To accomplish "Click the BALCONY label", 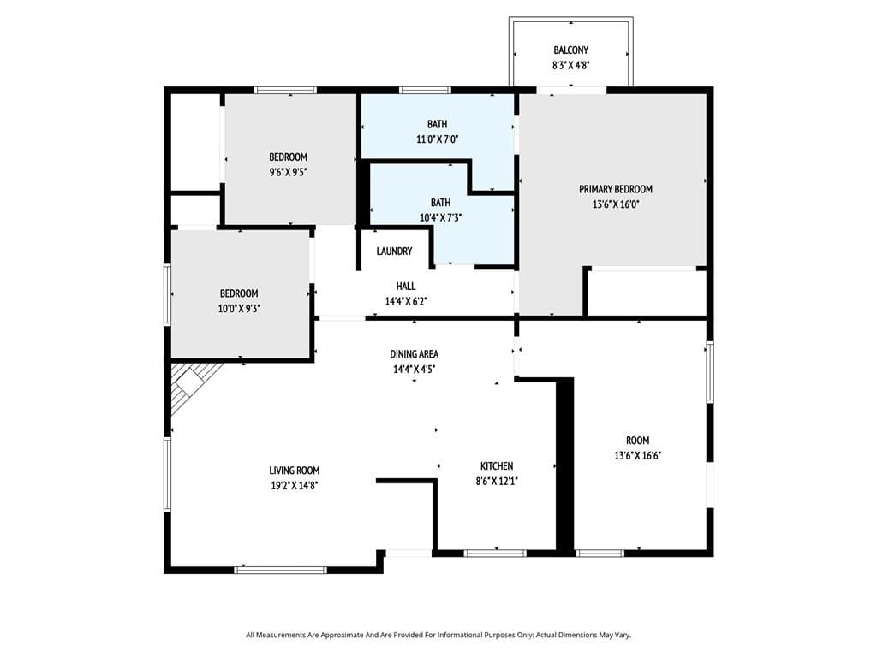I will point(570,50).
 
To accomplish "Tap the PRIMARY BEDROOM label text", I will point(615,189).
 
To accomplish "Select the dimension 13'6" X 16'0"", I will point(615,204).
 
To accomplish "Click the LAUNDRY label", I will point(394,252).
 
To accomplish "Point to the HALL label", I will point(406,286).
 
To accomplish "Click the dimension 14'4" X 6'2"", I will point(406,301).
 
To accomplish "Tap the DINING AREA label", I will point(415,353).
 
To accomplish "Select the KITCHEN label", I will point(497,465).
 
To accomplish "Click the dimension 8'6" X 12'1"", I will point(497,481).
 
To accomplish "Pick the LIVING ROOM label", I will point(295,470).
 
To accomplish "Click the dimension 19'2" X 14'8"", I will point(295,485).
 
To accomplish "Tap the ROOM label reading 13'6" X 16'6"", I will point(637,440).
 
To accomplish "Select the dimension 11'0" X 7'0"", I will point(437,139).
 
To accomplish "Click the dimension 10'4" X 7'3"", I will point(440,217).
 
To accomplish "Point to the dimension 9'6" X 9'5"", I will point(288,172).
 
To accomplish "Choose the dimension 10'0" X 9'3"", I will point(240,309).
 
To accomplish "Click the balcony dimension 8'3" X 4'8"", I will point(570,65).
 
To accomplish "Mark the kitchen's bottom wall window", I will point(494,553).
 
